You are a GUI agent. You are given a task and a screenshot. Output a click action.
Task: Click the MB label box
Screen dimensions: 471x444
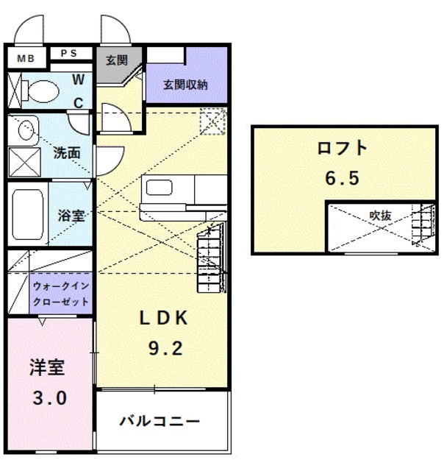26,57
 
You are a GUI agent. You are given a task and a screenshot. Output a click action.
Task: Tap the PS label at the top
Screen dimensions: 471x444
71,53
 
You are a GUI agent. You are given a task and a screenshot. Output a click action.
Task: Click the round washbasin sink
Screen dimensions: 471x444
26,130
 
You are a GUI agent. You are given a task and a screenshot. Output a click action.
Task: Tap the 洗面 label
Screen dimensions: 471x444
66,154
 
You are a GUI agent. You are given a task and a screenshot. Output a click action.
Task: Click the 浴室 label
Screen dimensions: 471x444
71,216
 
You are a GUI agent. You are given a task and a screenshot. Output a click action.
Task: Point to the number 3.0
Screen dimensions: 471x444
49,400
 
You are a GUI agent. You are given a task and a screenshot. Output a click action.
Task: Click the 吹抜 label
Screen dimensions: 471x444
379,216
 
